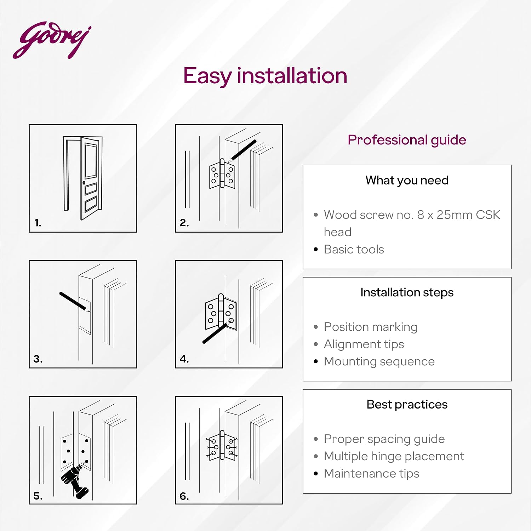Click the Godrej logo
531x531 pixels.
[x=52, y=40]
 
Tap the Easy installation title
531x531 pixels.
[x=265, y=76]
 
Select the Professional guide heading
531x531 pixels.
[x=407, y=140]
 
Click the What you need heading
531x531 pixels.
[x=407, y=181]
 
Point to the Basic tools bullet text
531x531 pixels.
[x=354, y=249]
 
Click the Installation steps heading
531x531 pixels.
[x=407, y=293]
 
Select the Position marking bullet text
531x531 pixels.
[x=371, y=327]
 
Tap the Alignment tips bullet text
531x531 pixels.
[x=364, y=344]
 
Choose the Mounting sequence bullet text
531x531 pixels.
[x=379, y=361]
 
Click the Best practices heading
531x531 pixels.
[x=407, y=405]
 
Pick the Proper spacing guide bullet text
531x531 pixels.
[x=384, y=439]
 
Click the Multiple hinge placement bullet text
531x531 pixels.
[x=394, y=456]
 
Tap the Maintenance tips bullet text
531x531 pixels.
[x=371, y=474]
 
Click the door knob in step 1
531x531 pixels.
[x=84, y=183]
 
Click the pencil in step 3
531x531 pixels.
[x=75, y=302]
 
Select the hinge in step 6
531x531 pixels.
[x=222, y=446]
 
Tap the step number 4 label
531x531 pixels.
[x=184, y=359]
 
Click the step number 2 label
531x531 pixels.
[x=184, y=223]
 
